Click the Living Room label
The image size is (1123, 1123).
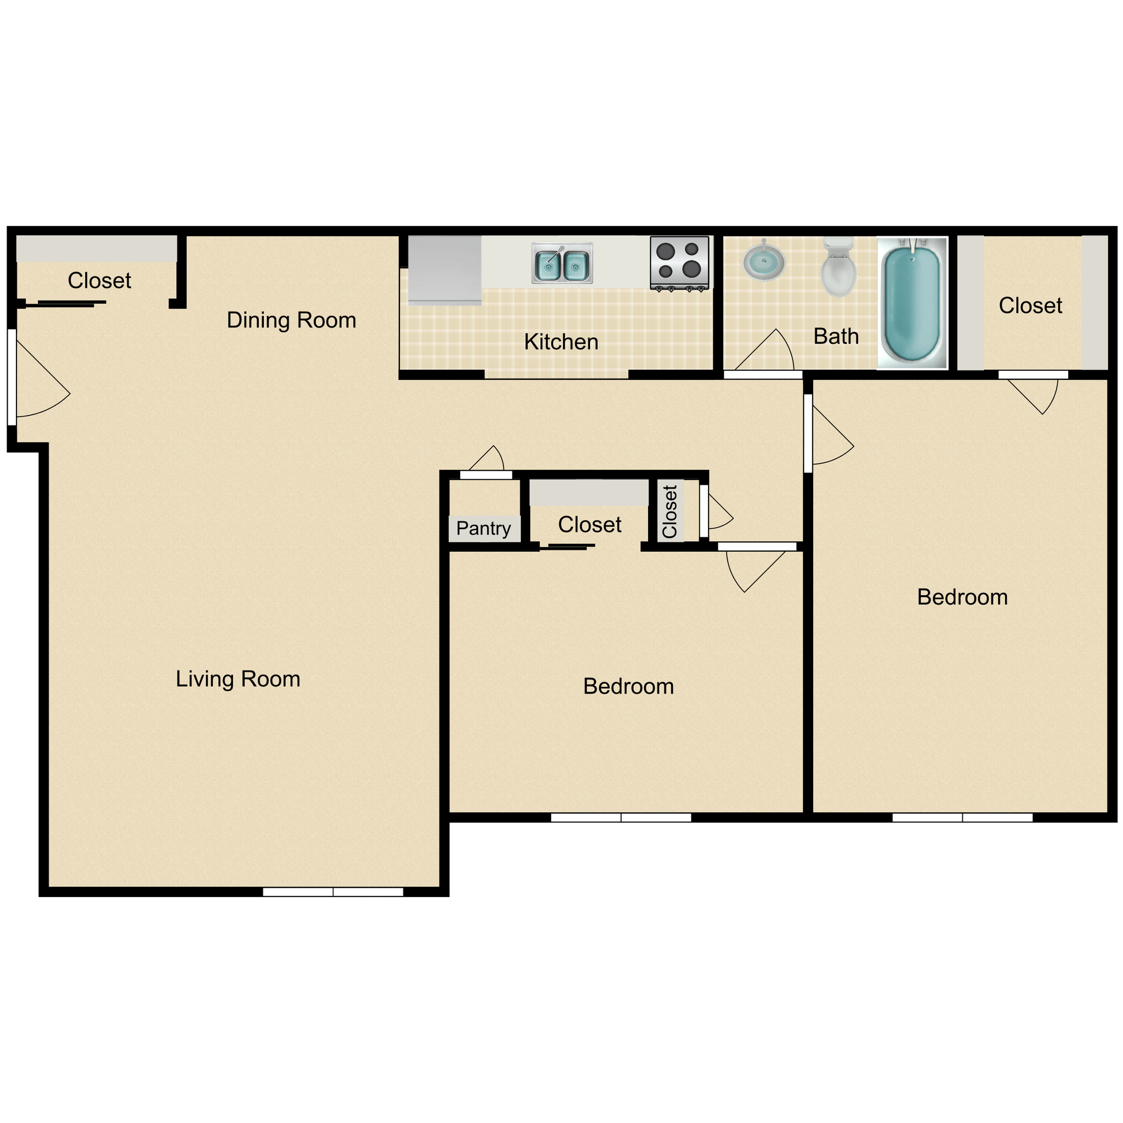point(238,679)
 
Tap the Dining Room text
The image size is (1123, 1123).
point(291,320)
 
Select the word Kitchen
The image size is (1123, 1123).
point(561,342)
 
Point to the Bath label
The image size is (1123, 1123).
point(836,336)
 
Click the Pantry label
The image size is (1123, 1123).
point(484,529)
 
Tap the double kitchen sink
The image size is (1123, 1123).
point(561,263)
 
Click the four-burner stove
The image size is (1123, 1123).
point(679,262)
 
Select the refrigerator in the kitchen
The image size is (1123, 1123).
point(445,270)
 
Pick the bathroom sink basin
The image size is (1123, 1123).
point(763,262)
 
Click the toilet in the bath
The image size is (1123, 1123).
point(838,268)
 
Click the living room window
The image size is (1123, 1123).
point(332,892)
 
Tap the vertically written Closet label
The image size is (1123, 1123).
point(670,512)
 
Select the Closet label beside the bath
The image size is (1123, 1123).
point(1030,306)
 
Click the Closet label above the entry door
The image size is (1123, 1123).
point(99,281)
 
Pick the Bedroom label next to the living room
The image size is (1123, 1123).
point(628,687)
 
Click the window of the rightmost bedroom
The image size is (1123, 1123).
point(962,817)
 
